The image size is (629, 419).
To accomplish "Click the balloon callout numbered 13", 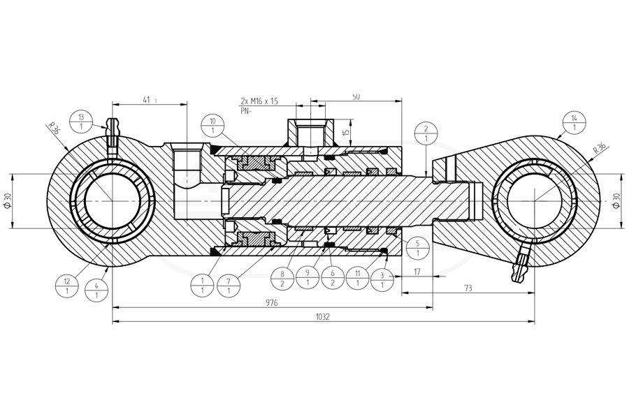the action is [x=81, y=122].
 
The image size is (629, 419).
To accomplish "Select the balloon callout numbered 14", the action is [x=574, y=123].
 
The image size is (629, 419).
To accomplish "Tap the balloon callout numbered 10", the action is [x=212, y=126].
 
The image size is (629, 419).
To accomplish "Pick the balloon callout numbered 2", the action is [x=426, y=134].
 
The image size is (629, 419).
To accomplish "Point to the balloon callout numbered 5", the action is [x=418, y=248].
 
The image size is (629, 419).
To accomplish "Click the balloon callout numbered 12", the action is [x=67, y=286].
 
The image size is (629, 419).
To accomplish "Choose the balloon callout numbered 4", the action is [x=96, y=291].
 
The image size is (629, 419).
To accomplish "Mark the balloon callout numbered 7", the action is [x=229, y=286].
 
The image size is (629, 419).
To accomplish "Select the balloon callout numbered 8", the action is [x=282, y=278].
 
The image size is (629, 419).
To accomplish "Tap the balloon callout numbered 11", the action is [x=357, y=278].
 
